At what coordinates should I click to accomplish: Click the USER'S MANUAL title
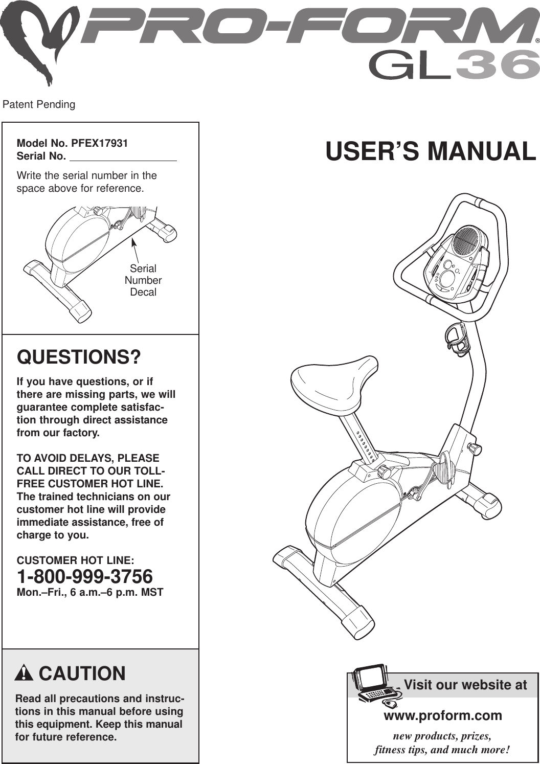431,151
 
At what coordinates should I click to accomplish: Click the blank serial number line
123,156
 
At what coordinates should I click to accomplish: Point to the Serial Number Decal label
143,280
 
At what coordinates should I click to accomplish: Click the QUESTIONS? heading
79,356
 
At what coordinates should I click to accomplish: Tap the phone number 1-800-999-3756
85,577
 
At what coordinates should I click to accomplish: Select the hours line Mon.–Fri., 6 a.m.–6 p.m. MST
90,593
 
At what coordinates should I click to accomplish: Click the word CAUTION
82,673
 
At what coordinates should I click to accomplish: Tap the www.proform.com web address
443,715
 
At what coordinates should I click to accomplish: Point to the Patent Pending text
39,105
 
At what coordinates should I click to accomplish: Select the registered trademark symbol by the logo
537,40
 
